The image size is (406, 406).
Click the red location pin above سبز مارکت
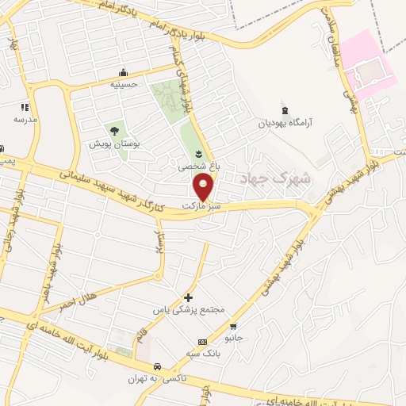point(203,187)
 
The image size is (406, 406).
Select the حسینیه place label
point(123,83)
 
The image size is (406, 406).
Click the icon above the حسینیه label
point(123,72)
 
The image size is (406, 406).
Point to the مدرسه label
point(25,119)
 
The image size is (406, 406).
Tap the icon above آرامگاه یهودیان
point(285,109)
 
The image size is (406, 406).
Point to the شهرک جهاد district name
point(285,180)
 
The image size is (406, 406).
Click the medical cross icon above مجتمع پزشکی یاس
point(188,296)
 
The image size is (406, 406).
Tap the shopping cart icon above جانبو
point(232,326)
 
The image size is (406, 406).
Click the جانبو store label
point(234,338)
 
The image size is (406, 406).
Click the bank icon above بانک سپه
point(202,343)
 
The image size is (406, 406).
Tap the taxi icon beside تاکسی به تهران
point(158,366)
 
